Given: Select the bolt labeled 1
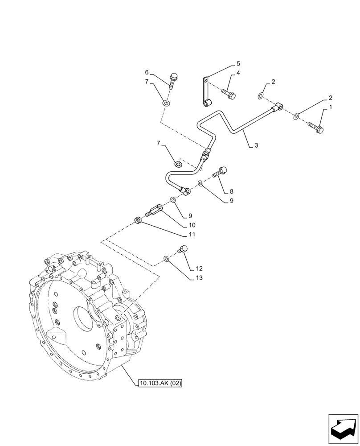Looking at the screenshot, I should click(x=317, y=128).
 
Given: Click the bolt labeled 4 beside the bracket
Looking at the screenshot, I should click(x=228, y=93).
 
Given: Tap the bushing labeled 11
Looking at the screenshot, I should click(x=138, y=220).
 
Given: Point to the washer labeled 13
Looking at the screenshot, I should click(x=166, y=258).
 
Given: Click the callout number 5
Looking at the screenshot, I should click(x=238, y=63).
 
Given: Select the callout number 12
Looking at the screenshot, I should click(x=199, y=268).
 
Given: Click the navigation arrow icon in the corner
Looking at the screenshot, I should click(x=343, y=430).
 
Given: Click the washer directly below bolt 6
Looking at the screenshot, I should click(x=166, y=104).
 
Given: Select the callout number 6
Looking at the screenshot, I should click(x=146, y=72).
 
